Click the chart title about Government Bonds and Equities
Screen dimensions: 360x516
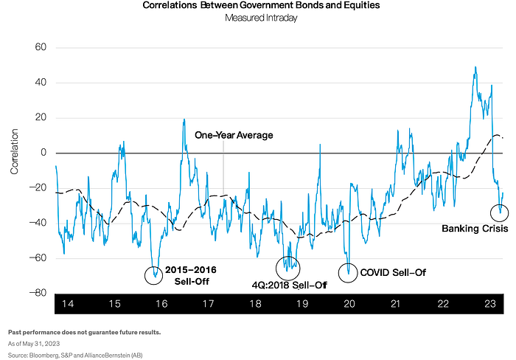tap(258, 7)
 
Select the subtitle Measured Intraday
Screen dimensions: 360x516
tap(258, 19)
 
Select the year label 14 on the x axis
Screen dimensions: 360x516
tap(68, 304)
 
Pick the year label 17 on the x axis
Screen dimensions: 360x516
tap(209, 304)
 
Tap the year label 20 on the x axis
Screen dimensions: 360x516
tap(349, 304)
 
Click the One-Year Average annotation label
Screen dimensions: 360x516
tap(234, 136)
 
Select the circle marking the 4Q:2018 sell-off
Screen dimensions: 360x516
tap(287, 266)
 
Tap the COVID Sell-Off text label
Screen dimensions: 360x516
tap(393, 272)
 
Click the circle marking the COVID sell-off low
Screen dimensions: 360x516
tap(347, 272)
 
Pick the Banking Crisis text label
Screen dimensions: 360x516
tap(475, 229)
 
